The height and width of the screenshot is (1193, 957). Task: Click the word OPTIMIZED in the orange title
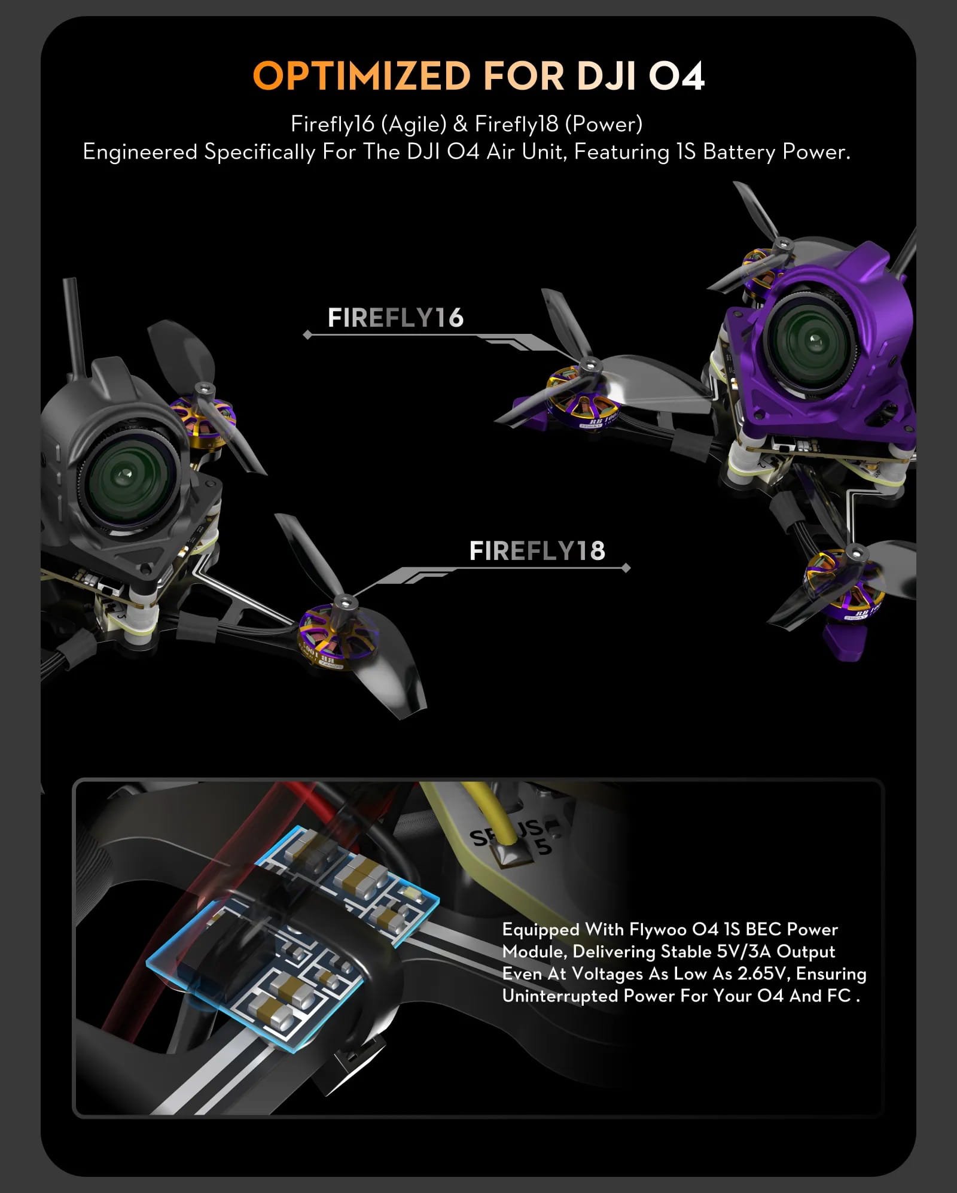pyautogui.click(x=362, y=76)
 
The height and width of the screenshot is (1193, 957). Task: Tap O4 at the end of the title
pyautogui.click(x=676, y=76)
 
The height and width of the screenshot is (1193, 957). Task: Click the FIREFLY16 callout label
pyautogui.click(x=395, y=318)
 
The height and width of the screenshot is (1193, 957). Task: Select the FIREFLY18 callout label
pyautogui.click(x=537, y=551)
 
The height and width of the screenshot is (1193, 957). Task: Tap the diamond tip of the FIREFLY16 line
pyautogui.click(x=307, y=335)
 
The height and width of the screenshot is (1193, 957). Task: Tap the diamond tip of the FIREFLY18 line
pyautogui.click(x=626, y=568)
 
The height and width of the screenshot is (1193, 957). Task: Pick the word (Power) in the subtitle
pyautogui.click(x=604, y=124)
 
